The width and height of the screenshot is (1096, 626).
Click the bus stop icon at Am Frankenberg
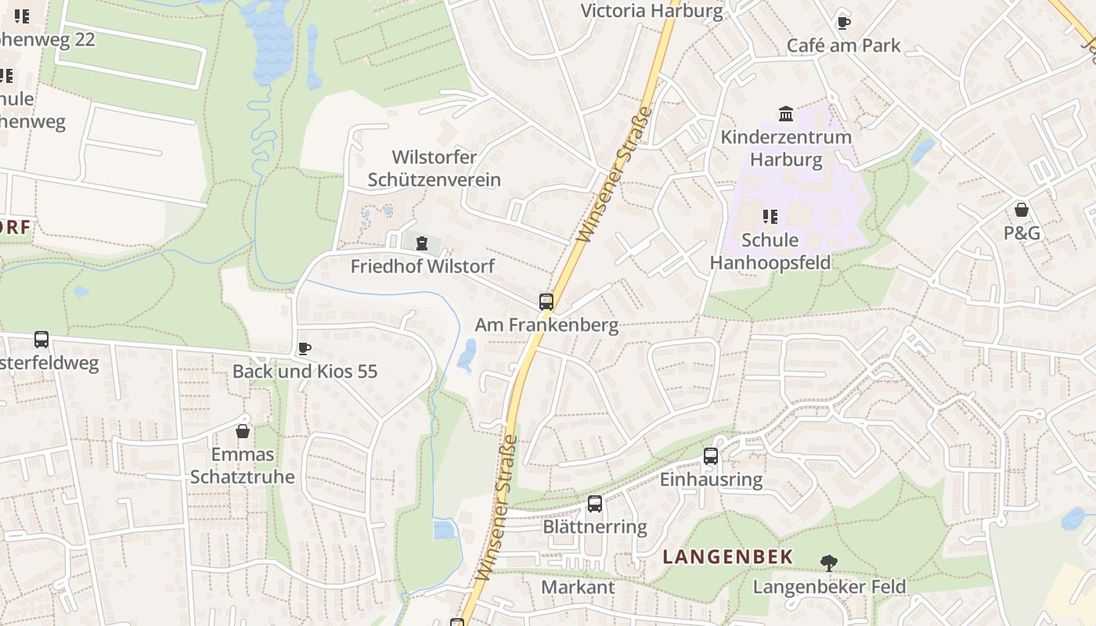pos(546,302)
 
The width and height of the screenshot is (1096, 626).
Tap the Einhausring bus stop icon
pos(711,456)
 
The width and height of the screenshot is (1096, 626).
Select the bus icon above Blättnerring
pos(595,504)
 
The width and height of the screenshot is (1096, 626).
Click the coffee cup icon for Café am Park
pos(843,23)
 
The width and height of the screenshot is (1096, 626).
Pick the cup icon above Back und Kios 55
pos(305,348)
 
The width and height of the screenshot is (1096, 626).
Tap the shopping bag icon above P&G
pos(1022,210)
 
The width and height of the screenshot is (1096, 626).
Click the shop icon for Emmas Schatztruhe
pos(243,431)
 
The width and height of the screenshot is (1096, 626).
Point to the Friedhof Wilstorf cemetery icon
pos(422,243)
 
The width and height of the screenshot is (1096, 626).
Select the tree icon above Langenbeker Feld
pos(828,563)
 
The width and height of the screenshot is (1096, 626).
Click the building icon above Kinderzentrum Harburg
pos(786,114)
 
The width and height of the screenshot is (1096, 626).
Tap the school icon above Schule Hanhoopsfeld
pos(770,217)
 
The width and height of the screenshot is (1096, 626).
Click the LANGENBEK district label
pos(728,557)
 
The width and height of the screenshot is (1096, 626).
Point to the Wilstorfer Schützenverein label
pos(434,168)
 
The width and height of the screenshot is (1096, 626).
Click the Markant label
pos(578,587)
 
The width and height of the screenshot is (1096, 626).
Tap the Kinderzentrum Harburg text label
pos(786,148)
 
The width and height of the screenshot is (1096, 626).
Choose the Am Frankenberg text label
pos(546,325)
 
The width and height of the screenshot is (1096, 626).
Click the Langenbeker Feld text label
pos(829,586)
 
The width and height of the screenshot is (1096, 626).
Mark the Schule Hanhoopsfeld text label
pos(770,250)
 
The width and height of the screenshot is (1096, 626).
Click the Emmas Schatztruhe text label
pos(243,466)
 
